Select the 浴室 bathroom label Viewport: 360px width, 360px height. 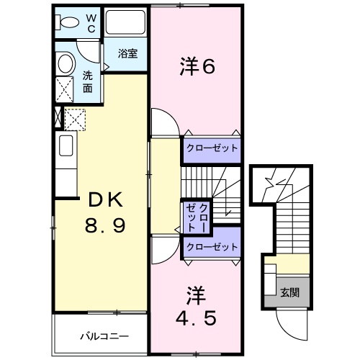(x=128, y=53)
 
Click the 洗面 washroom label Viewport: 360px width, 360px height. (x=88, y=81)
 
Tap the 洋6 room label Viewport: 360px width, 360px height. (x=196, y=67)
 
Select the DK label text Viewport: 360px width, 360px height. (x=101, y=200)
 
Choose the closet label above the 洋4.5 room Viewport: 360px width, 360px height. (x=211, y=247)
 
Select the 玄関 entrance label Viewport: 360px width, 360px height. (x=290, y=293)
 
